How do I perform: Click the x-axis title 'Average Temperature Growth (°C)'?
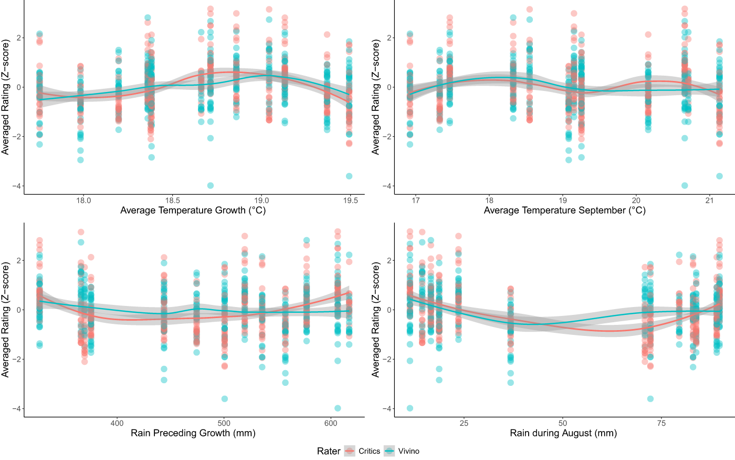[193, 210]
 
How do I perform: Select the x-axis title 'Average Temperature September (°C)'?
[565, 210]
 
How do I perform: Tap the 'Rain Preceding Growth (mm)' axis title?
[193, 433]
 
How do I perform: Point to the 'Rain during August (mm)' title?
[563, 433]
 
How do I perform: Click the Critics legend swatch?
[350, 451]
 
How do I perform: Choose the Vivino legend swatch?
[390, 451]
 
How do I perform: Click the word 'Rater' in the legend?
[329, 451]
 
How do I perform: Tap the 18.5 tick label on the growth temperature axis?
[173, 200]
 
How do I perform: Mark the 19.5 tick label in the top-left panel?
[351, 200]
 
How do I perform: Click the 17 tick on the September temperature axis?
[416, 200]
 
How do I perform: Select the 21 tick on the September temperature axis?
[710, 200]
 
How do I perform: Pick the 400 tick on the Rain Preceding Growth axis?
[117, 423]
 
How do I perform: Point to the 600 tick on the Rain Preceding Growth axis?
[331, 423]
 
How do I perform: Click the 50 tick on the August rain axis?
[563, 423]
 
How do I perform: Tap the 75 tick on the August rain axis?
[661, 423]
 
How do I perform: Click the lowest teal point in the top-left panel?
[211, 186]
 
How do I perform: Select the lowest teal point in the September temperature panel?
[685, 186]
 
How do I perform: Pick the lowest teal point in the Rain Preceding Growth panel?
[337, 408]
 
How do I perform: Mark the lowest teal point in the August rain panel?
[410, 408]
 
